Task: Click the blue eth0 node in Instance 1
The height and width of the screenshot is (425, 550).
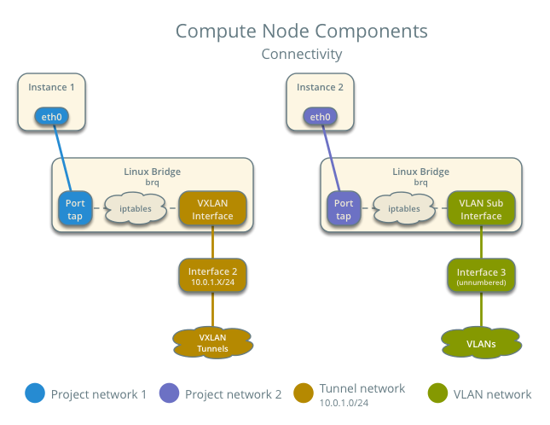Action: [51, 116]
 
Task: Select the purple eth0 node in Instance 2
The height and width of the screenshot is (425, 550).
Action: [320, 116]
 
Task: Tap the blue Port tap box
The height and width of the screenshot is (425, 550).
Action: [74, 209]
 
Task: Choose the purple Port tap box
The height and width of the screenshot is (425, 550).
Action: [343, 209]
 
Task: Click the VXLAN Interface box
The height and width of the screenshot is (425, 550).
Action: [212, 209]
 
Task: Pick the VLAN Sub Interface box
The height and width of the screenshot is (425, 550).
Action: [481, 209]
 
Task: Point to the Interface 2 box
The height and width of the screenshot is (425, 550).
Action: [212, 276]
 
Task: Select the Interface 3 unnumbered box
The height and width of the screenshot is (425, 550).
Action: [481, 276]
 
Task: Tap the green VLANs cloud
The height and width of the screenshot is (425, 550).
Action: [481, 343]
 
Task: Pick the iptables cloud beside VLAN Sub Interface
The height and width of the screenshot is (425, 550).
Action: [403, 208]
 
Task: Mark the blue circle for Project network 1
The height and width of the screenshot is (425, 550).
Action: [35, 393]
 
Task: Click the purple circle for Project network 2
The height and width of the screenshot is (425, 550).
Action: [169, 393]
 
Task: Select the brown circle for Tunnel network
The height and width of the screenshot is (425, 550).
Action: [302, 393]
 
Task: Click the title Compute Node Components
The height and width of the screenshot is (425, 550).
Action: [301, 32]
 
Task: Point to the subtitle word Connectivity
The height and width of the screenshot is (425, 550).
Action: [301, 54]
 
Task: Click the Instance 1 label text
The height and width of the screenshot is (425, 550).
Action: [52, 87]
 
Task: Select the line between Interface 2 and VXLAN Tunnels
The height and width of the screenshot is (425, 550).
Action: [212, 310]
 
